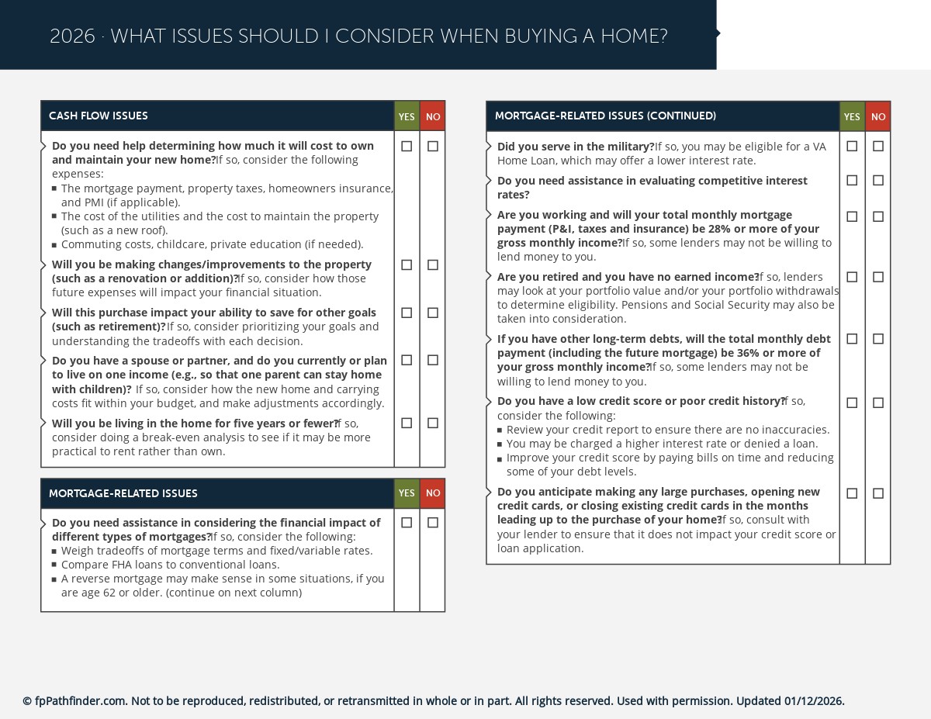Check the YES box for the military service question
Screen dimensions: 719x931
[x=852, y=146]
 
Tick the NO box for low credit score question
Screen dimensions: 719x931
[x=877, y=403]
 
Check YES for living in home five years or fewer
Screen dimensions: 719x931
[x=407, y=423]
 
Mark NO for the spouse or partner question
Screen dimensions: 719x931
[x=432, y=360]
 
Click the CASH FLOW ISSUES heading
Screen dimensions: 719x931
[x=99, y=116]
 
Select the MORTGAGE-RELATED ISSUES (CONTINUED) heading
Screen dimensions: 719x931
[x=605, y=116]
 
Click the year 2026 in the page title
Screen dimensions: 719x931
[x=72, y=36]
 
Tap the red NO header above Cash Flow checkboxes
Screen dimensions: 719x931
[x=432, y=116]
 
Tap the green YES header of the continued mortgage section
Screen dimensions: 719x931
[x=852, y=116]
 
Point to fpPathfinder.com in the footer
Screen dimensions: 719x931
[x=80, y=701]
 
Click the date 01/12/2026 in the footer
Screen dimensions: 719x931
[x=813, y=701]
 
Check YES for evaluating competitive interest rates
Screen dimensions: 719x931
[x=852, y=180]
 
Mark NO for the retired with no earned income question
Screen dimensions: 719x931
[x=877, y=277]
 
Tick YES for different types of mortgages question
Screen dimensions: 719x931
[x=407, y=523]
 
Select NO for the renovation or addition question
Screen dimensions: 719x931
[x=432, y=264]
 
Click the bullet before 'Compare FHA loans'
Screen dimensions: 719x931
[x=54, y=565]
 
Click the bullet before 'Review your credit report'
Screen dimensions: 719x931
[x=500, y=430]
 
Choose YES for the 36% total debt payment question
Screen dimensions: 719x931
[x=852, y=339]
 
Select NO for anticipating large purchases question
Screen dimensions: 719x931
[x=877, y=493]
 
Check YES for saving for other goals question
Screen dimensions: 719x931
[x=407, y=313]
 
